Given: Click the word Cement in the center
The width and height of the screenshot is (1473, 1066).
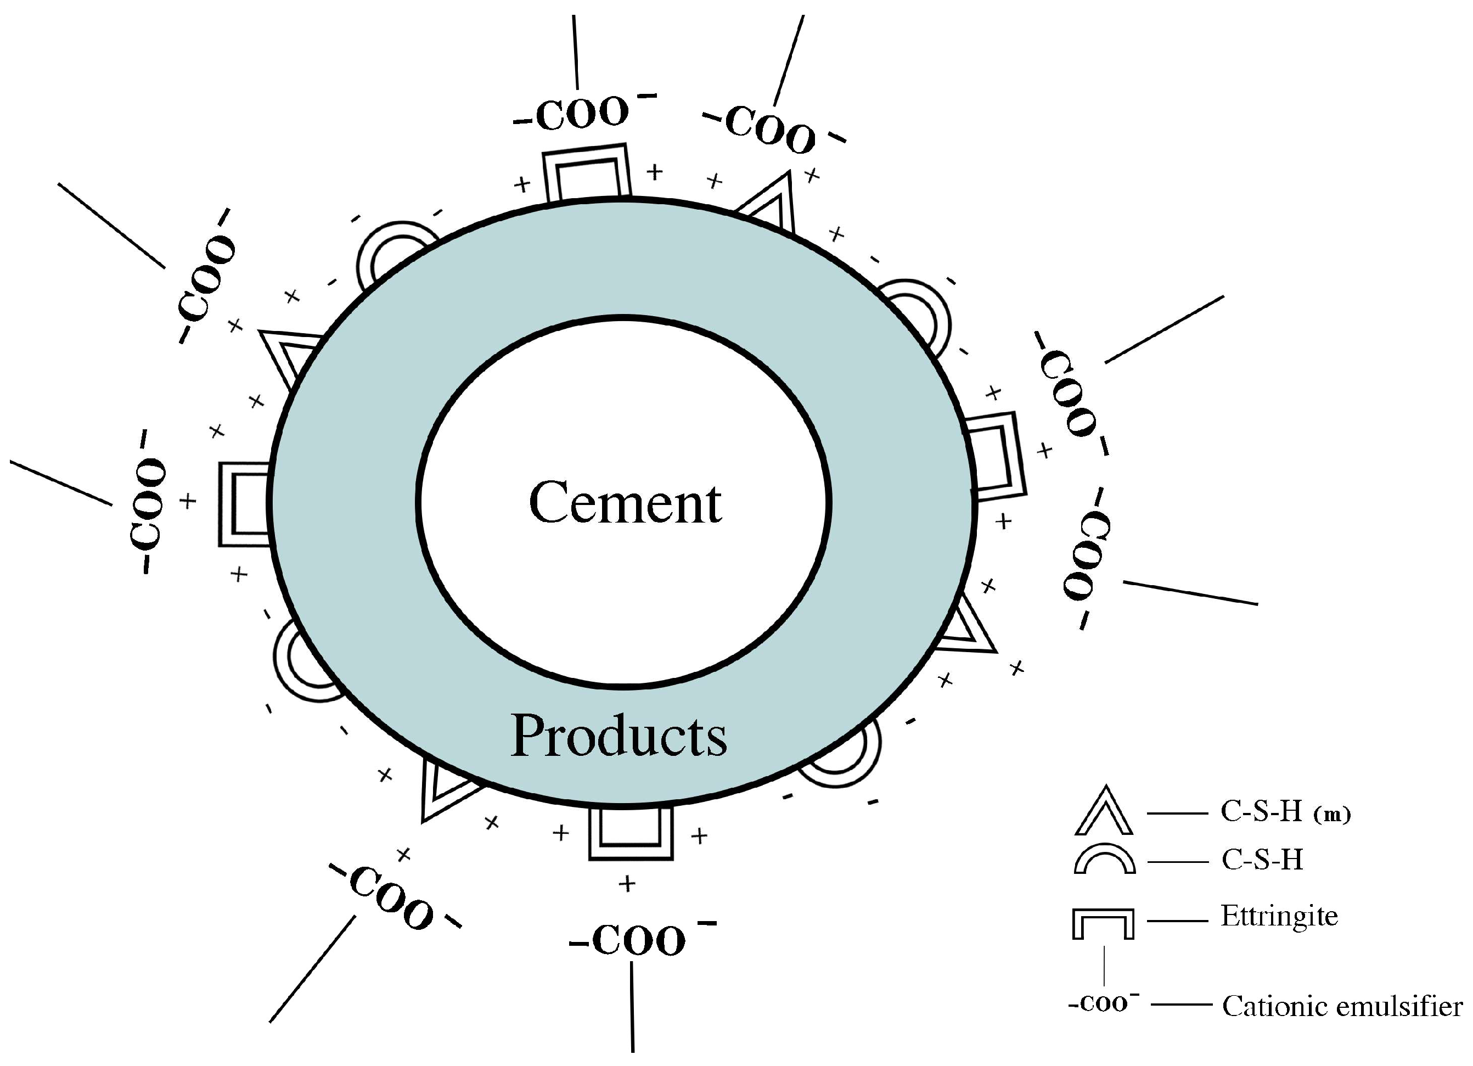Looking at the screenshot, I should tap(625, 503).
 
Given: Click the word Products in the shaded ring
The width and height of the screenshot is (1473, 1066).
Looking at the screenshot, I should tap(619, 736).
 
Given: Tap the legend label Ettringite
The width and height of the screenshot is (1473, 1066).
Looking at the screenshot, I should tap(1279, 917).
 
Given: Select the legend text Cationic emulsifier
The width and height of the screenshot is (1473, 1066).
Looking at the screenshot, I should tap(1342, 1006).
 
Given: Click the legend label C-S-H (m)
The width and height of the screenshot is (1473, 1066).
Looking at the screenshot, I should tap(1285, 812).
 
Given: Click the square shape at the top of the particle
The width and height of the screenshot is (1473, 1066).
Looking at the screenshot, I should tap(586, 173).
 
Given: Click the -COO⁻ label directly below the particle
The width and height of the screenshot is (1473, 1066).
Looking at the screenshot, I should tap(640, 940).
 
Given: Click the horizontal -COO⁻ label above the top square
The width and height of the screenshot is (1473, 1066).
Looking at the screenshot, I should tap(584, 114).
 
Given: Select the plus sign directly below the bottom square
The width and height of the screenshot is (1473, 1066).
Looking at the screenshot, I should tap(627, 883).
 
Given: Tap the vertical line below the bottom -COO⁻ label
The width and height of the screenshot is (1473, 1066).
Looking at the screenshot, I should tap(632, 1007).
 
